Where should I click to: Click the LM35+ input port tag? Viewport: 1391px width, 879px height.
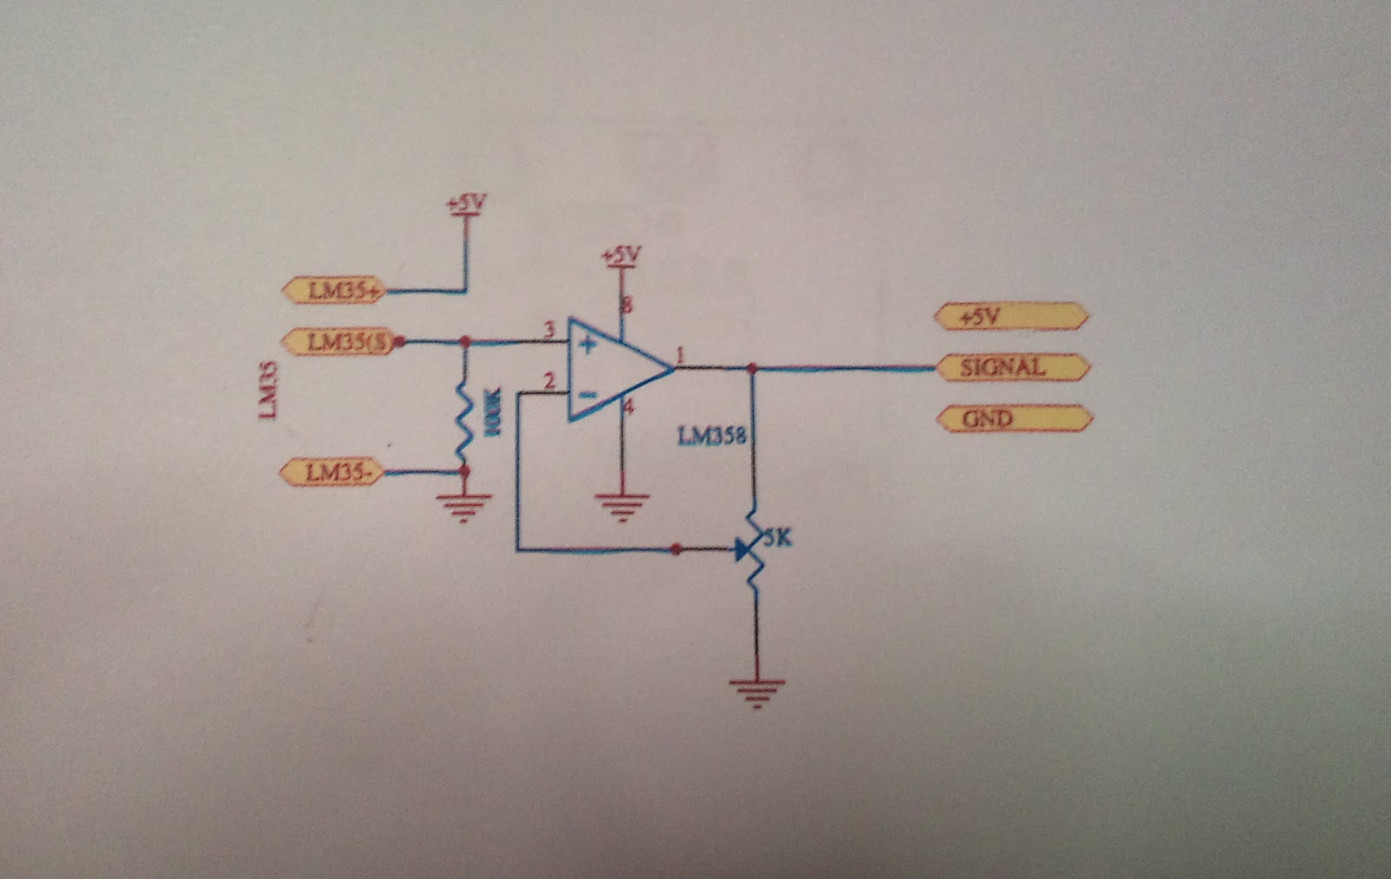tap(336, 290)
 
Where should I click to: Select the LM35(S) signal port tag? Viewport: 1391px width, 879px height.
tap(339, 342)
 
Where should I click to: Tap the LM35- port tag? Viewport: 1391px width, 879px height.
tap(333, 473)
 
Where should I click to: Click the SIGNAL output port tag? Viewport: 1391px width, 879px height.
tap(1012, 368)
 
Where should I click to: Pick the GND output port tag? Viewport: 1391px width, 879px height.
tap(1013, 419)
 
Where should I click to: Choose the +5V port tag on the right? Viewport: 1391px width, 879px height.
tap(1010, 316)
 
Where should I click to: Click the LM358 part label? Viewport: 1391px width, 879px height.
tap(711, 436)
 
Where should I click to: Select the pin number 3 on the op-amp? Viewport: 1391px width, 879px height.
tap(549, 330)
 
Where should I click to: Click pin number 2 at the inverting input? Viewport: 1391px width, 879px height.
tap(548, 381)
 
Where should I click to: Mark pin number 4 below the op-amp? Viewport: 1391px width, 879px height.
tap(628, 407)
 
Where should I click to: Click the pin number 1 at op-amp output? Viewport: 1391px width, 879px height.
tap(680, 355)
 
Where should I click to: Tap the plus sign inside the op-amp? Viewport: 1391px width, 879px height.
tap(588, 345)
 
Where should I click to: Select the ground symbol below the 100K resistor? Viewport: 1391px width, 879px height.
tap(463, 505)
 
